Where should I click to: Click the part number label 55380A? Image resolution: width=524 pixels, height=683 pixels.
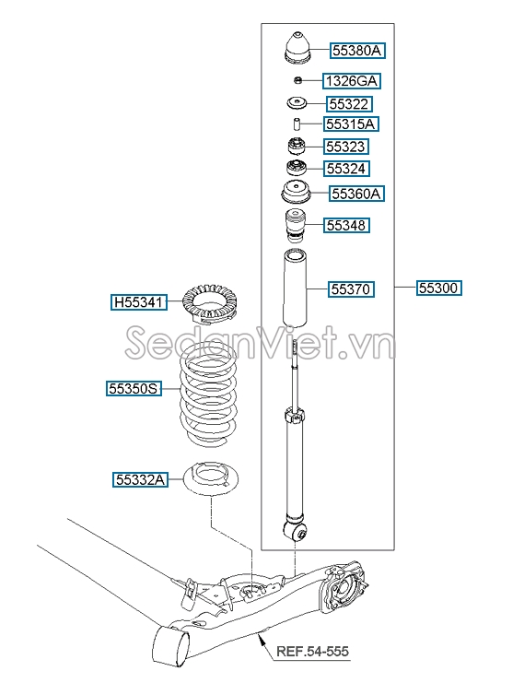pyautogui.click(x=357, y=51)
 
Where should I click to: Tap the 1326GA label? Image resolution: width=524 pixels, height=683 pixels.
pyautogui.click(x=352, y=81)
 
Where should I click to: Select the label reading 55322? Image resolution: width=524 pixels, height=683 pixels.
pyautogui.click(x=349, y=104)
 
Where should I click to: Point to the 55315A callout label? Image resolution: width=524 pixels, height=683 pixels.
pyautogui.click(x=351, y=124)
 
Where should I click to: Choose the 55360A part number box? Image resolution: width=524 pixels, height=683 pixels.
pyautogui.click(x=356, y=193)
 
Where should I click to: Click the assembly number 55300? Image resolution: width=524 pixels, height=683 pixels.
pyautogui.click(x=438, y=288)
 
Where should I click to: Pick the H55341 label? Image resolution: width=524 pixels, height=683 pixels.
pyautogui.click(x=139, y=301)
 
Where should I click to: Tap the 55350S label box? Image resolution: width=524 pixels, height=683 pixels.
pyautogui.click(x=134, y=388)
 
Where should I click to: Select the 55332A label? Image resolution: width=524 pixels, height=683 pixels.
pyautogui.click(x=141, y=479)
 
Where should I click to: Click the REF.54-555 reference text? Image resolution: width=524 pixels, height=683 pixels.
pyautogui.click(x=313, y=652)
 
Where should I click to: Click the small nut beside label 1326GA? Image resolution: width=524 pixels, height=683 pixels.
pyautogui.click(x=297, y=80)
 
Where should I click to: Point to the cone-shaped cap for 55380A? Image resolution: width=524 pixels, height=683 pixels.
pyautogui.click(x=298, y=48)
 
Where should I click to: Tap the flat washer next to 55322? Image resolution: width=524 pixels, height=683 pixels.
pyautogui.click(x=297, y=103)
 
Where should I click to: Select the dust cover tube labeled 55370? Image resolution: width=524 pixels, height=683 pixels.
pyautogui.click(x=295, y=288)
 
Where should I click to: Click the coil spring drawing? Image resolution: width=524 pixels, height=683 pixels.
pyautogui.click(x=208, y=394)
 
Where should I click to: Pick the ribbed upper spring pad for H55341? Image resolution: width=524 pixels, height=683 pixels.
pyautogui.click(x=210, y=303)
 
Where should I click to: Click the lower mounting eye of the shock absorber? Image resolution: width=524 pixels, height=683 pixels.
pyautogui.click(x=296, y=530)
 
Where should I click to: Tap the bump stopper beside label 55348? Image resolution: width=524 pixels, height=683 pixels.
pyautogui.click(x=295, y=226)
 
